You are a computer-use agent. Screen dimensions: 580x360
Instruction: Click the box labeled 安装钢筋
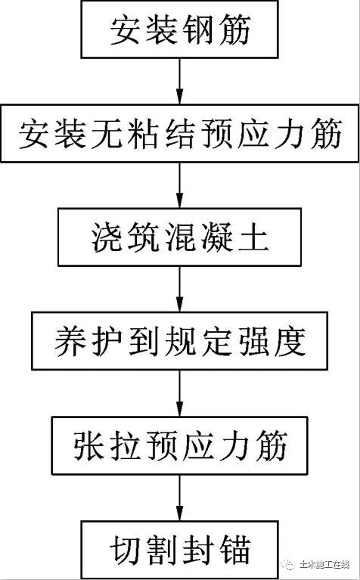pyautogui.click(x=179, y=31)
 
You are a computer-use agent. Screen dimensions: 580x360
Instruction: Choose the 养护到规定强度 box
pyautogui.click(x=179, y=343)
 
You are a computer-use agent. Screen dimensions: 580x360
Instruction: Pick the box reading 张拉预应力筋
pyautogui.click(x=179, y=445)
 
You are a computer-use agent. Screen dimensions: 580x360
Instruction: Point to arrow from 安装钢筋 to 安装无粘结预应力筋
pyautogui.click(x=179, y=83)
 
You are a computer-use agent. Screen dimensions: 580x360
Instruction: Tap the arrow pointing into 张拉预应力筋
pyautogui.click(x=179, y=394)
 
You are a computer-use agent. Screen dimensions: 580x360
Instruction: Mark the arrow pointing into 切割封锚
pyautogui.click(x=179, y=497)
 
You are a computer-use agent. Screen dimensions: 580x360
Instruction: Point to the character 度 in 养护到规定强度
pyautogui.click(x=290, y=343)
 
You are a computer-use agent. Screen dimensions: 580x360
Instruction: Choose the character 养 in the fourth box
pyautogui.click(x=70, y=343)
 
